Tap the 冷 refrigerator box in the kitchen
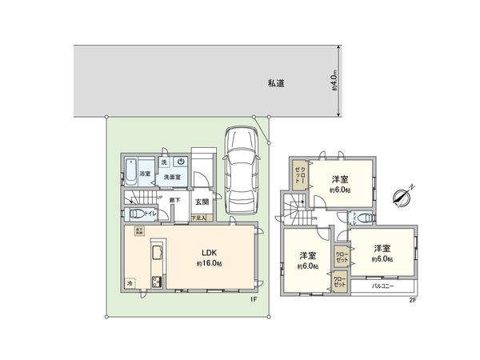[x=130, y=283]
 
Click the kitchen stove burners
[x=156, y=282]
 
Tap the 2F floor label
[x=413, y=299]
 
